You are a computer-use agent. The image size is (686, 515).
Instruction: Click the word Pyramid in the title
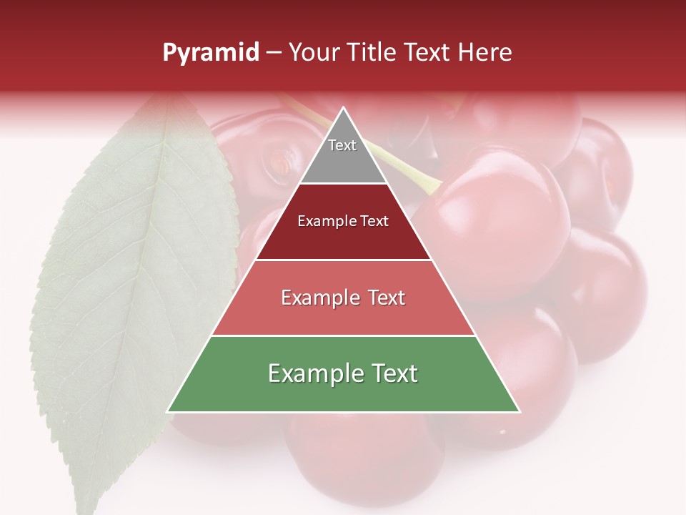(211, 53)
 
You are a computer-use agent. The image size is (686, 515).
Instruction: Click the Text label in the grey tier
(342, 145)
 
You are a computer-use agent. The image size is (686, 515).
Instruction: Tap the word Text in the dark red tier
(375, 221)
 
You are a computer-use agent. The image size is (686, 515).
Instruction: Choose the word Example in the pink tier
(320, 298)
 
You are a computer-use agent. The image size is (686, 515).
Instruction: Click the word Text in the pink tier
(387, 298)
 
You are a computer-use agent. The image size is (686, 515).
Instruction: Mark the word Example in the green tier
(315, 373)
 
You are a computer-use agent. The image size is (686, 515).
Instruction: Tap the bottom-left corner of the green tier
(169, 411)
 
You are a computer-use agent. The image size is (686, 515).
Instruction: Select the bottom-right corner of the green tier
(519, 411)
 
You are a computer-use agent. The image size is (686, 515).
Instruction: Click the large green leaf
(107, 300)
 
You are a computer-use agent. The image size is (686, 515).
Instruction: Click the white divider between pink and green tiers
(344, 335)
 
